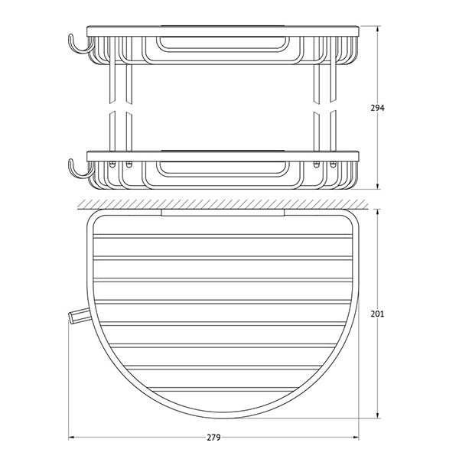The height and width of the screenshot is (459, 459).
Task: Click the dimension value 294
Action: pos(378,108)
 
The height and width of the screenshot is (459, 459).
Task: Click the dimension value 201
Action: pos(377,314)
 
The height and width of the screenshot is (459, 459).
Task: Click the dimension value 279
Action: pos(213,438)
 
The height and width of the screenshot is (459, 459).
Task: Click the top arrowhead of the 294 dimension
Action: pos(378,29)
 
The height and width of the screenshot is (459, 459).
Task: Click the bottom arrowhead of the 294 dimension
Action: pos(378,186)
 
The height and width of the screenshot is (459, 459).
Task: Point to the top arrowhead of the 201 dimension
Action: pos(378,212)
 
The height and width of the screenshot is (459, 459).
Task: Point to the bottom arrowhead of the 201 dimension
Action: pos(378,415)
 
